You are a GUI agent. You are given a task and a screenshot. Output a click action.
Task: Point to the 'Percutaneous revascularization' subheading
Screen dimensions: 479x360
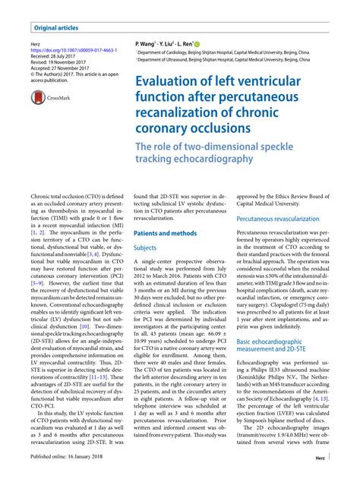tap(281, 218)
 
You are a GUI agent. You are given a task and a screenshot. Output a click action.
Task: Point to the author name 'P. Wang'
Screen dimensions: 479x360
tap(147, 46)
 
